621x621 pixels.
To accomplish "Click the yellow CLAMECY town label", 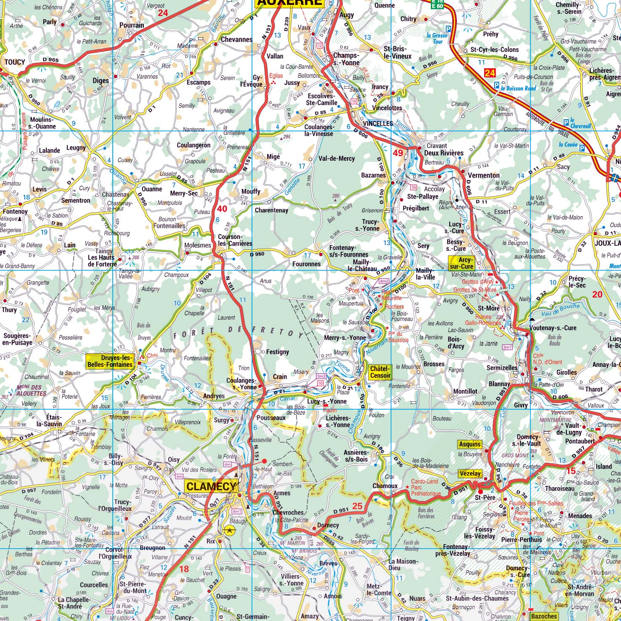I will click(x=211, y=486).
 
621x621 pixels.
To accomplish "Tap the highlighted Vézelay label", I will click(x=470, y=473).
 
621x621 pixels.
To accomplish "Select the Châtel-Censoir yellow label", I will click(x=380, y=372).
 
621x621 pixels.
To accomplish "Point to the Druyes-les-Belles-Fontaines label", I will click(x=110, y=361).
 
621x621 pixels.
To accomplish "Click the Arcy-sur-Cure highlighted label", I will click(x=461, y=263).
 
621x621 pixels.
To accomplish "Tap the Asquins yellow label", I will click(x=470, y=444).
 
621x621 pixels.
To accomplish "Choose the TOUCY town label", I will click(x=15, y=62).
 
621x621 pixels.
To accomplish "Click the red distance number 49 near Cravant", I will click(x=398, y=153).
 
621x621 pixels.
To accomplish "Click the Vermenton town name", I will click(x=483, y=175).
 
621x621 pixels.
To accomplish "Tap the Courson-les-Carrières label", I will click(x=235, y=240).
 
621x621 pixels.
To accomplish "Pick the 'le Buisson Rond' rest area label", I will click(x=519, y=88).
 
